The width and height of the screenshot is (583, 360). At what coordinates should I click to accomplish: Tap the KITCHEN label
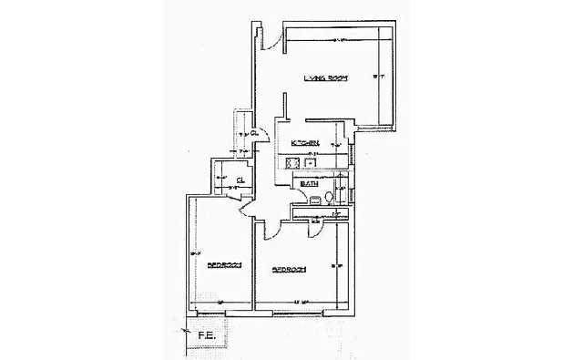(x=303, y=144)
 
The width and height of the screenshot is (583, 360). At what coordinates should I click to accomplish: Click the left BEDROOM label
(x=222, y=265)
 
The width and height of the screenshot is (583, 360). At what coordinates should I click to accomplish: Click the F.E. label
(x=206, y=335)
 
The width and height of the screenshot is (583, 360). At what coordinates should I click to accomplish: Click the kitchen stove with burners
(x=292, y=163)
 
